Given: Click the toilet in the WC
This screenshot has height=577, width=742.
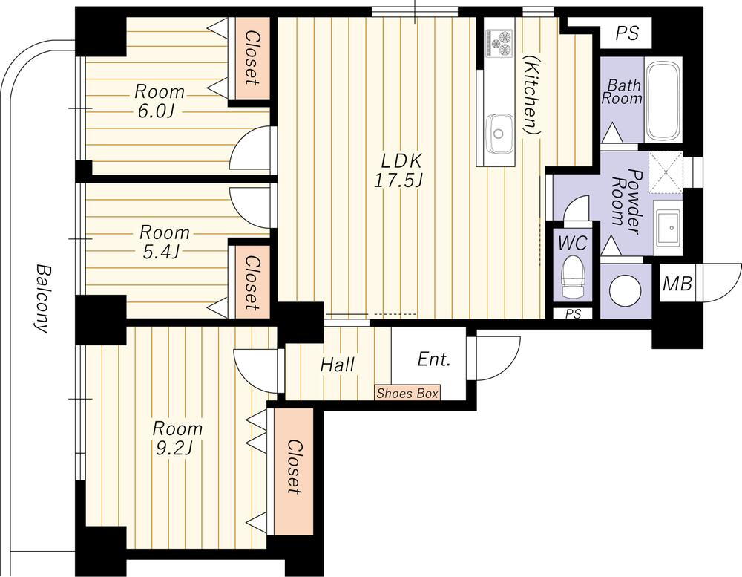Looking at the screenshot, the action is pyautogui.click(x=573, y=277).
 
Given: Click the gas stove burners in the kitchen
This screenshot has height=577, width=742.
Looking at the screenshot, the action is pyautogui.click(x=499, y=42).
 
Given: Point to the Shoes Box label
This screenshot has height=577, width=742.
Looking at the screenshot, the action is pyautogui.click(x=407, y=393).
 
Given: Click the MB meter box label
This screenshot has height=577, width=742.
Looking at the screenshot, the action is pyautogui.click(x=677, y=283).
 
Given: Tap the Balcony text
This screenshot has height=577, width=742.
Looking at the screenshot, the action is pyautogui.click(x=42, y=299).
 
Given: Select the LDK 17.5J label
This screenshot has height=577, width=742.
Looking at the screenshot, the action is pyautogui.click(x=401, y=171).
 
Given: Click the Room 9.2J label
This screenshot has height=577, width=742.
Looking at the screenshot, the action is pyautogui.click(x=177, y=437).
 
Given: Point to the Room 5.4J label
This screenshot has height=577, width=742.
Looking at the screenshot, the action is pyautogui.click(x=164, y=242).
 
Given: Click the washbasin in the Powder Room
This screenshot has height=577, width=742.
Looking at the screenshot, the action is pyautogui.click(x=669, y=228).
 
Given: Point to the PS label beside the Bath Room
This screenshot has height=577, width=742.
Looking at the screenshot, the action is pyautogui.click(x=627, y=33).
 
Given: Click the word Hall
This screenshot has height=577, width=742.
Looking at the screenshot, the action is pyautogui.click(x=338, y=365).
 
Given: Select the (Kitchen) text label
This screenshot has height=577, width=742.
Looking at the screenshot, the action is pyautogui.click(x=532, y=95).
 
